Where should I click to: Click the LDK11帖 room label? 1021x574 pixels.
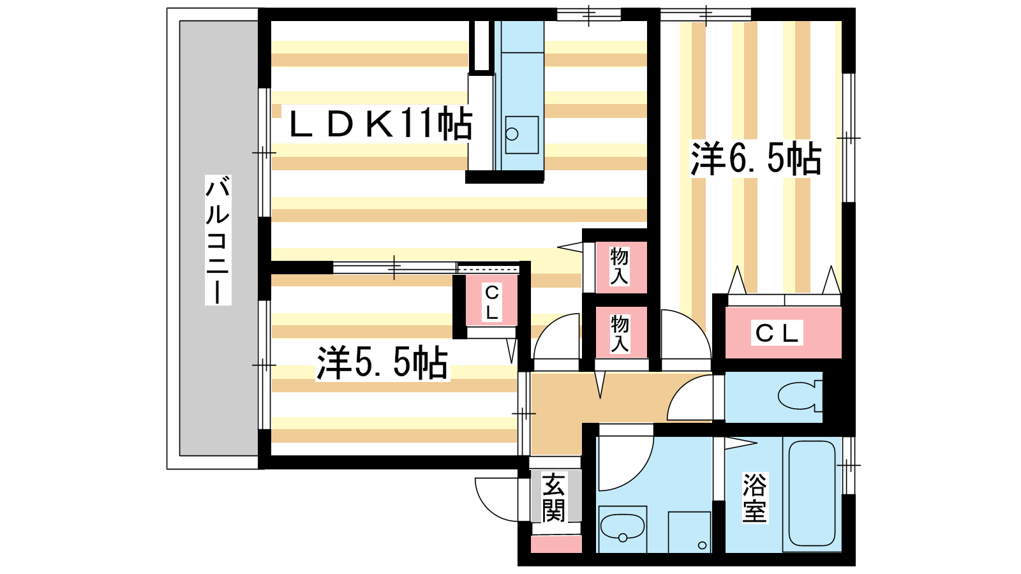(x=380, y=124)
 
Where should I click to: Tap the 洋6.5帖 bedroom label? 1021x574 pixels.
(x=756, y=159)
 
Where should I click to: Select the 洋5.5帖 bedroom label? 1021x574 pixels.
(x=382, y=363)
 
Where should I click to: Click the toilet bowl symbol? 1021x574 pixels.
(x=798, y=396)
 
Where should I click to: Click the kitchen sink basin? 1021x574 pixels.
(x=521, y=135)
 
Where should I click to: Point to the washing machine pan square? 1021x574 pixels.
(x=689, y=532)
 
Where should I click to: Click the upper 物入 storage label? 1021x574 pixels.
(x=620, y=266)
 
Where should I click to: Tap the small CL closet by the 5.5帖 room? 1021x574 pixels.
(x=491, y=302)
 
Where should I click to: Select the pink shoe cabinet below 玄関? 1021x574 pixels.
(x=556, y=544)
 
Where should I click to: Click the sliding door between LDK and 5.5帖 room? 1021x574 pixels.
(x=394, y=267)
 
